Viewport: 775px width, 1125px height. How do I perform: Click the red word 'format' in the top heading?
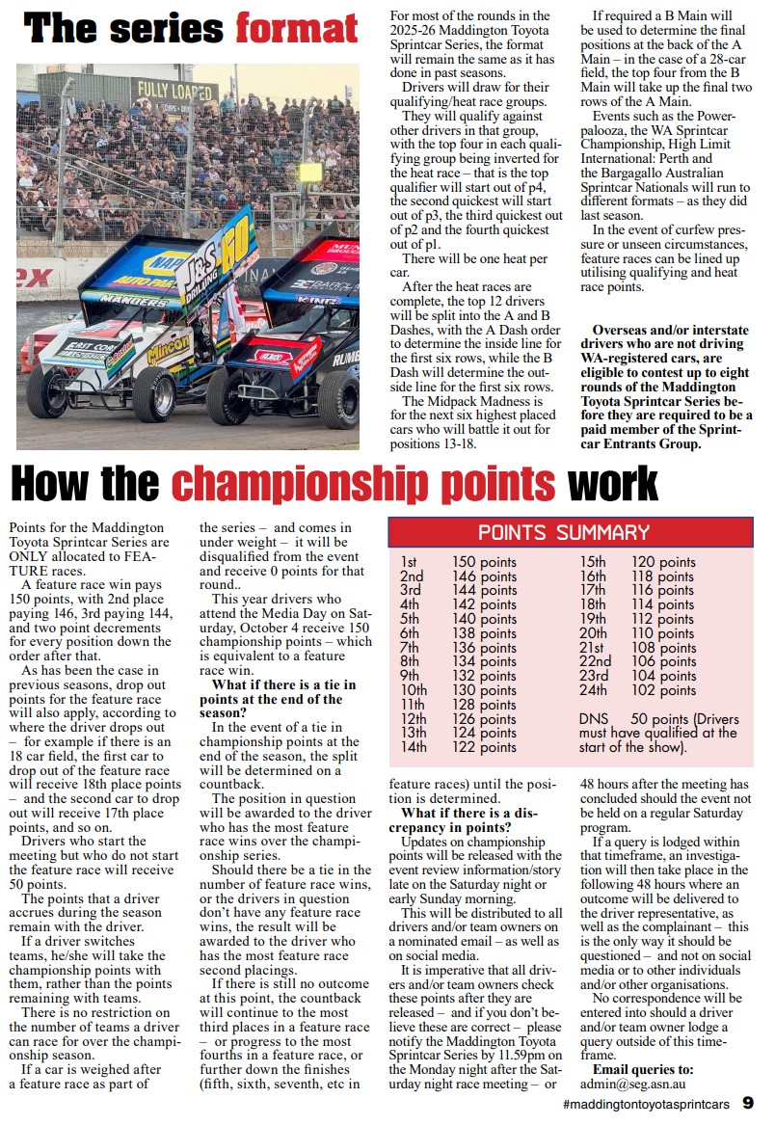297,28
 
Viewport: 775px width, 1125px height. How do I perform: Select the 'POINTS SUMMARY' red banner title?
564,532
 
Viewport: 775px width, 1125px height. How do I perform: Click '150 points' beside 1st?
484,562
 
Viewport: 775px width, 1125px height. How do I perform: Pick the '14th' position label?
413,747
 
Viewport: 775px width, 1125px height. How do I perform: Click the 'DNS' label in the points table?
595,719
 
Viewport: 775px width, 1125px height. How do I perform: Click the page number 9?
748,1103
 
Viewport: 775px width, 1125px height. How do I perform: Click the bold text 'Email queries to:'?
642,1069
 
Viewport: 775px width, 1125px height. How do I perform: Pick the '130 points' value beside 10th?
484,690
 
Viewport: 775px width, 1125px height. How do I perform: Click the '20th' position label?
593,633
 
